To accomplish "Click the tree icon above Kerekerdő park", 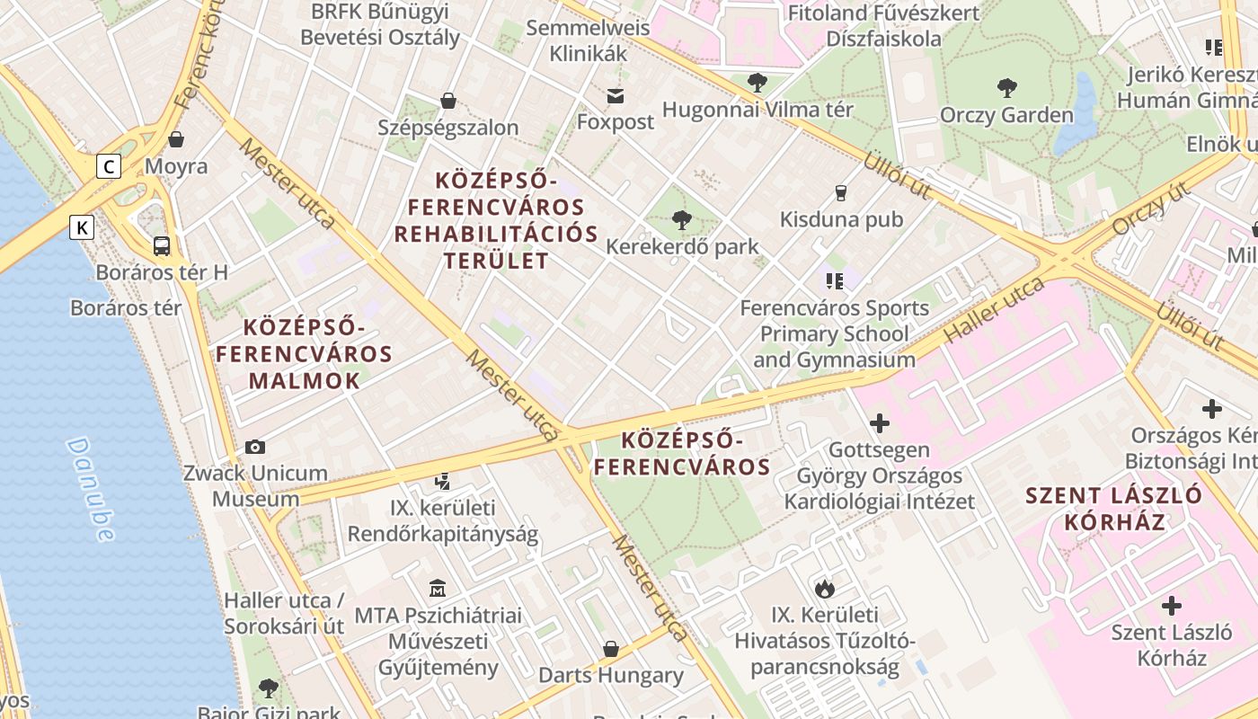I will [682, 219].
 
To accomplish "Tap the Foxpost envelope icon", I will [616, 95].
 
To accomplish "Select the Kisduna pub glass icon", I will [841, 192].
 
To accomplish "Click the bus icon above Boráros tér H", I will [162, 245].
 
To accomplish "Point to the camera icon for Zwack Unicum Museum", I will [255, 447].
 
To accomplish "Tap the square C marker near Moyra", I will [110, 166].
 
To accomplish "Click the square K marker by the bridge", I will [82, 227].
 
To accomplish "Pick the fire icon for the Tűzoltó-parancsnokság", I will [824, 589].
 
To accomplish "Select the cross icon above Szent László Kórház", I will [1172, 605].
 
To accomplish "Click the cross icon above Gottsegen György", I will [880, 422].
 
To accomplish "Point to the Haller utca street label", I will [996, 310].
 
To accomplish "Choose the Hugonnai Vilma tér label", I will [757, 110].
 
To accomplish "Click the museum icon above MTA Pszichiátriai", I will [437, 589].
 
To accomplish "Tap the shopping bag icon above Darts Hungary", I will [611, 649].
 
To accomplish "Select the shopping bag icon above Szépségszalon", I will [447, 101].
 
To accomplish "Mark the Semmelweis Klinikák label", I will [600, 40].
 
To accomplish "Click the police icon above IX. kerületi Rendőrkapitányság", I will [442, 482].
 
